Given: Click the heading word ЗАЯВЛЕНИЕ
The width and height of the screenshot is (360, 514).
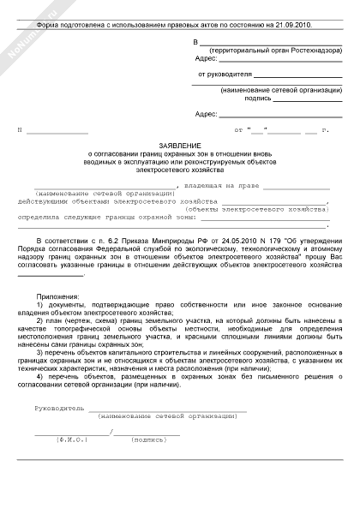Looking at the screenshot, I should click(x=179, y=146).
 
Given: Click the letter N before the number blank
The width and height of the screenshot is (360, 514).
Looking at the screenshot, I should click(x=19, y=129).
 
